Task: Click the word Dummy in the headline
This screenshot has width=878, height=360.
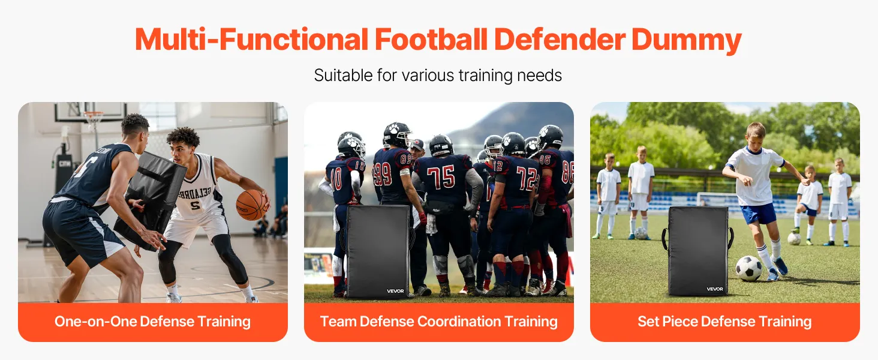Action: (x=686, y=40)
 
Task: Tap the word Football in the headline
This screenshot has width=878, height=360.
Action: (x=431, y=39)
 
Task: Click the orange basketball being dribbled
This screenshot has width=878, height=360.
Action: (x=251, y=205)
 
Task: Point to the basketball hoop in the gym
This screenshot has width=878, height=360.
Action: (x=94, y=118)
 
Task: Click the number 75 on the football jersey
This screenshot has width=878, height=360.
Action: (x=441, y=177)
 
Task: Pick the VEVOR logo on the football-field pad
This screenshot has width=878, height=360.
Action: (x=395, y=291)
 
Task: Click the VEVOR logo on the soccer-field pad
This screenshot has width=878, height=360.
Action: (x=715, y=289)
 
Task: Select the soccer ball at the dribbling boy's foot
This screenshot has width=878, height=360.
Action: (x=748, y=268)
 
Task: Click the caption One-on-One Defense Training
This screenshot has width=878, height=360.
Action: (x=152, y=322)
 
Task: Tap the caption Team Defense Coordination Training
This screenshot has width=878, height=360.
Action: (x=438, y=322)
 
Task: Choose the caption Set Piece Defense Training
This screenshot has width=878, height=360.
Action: (x=724, y=322)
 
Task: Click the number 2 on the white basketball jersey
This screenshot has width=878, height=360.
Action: (x=195, y=205)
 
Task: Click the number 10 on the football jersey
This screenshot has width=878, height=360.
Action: (x=336, y=179)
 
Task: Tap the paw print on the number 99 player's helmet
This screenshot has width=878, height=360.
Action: (x=393, y=128)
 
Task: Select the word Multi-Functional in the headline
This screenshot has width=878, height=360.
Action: (x=251, y=39)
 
